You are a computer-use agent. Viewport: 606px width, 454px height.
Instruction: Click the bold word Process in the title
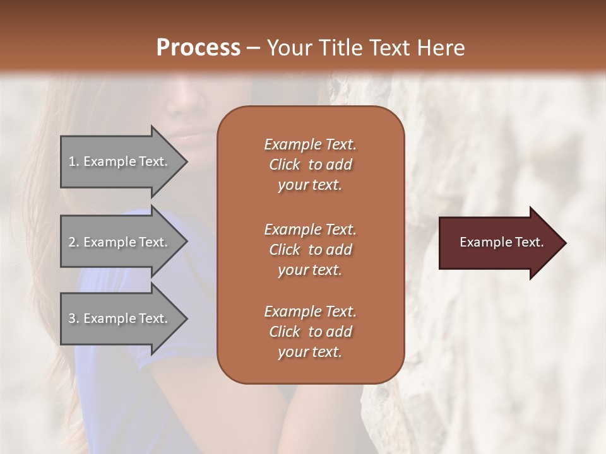pyautogui.click(x=198, y=47)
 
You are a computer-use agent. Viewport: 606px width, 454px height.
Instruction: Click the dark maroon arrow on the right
pyautogui.click(x=499, y=242)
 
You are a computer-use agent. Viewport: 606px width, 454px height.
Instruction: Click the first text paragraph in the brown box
pyautogui.click(x=310, y=165)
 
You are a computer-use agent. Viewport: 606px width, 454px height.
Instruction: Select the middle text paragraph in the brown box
pyautogui.click(x=310, y=250)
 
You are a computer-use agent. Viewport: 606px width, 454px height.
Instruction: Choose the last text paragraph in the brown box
pyautogui.click(x=310, y=332)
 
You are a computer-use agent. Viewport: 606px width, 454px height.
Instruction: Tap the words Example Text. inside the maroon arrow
pyautogui.click(x=501, y=242)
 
